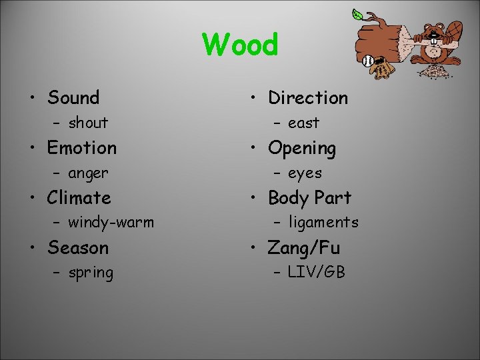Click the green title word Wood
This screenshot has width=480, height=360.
(x=240, y=45)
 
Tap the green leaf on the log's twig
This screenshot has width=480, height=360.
(x=358, y=14)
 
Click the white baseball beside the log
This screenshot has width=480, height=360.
(x=368, y=61)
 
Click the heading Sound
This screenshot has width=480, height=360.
(x=73, y=97)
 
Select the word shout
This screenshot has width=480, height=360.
(x=87, y=123)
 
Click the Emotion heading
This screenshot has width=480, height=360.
(x=82, y=147)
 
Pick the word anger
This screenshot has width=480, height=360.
(x=87, y=173)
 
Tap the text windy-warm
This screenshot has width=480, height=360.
(x=111, y=223)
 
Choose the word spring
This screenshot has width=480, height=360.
(x=91, y=273)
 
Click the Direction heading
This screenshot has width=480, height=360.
(x=308, y=97)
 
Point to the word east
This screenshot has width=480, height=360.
(x=303, y=123)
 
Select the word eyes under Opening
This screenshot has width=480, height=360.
(x=305, y=173)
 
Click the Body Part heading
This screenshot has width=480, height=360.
(x=309, y=198)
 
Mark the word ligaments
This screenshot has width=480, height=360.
(x=323, y=223)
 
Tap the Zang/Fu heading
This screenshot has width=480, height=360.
(x=304, y=248)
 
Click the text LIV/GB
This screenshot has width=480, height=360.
(x=316, y=273)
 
